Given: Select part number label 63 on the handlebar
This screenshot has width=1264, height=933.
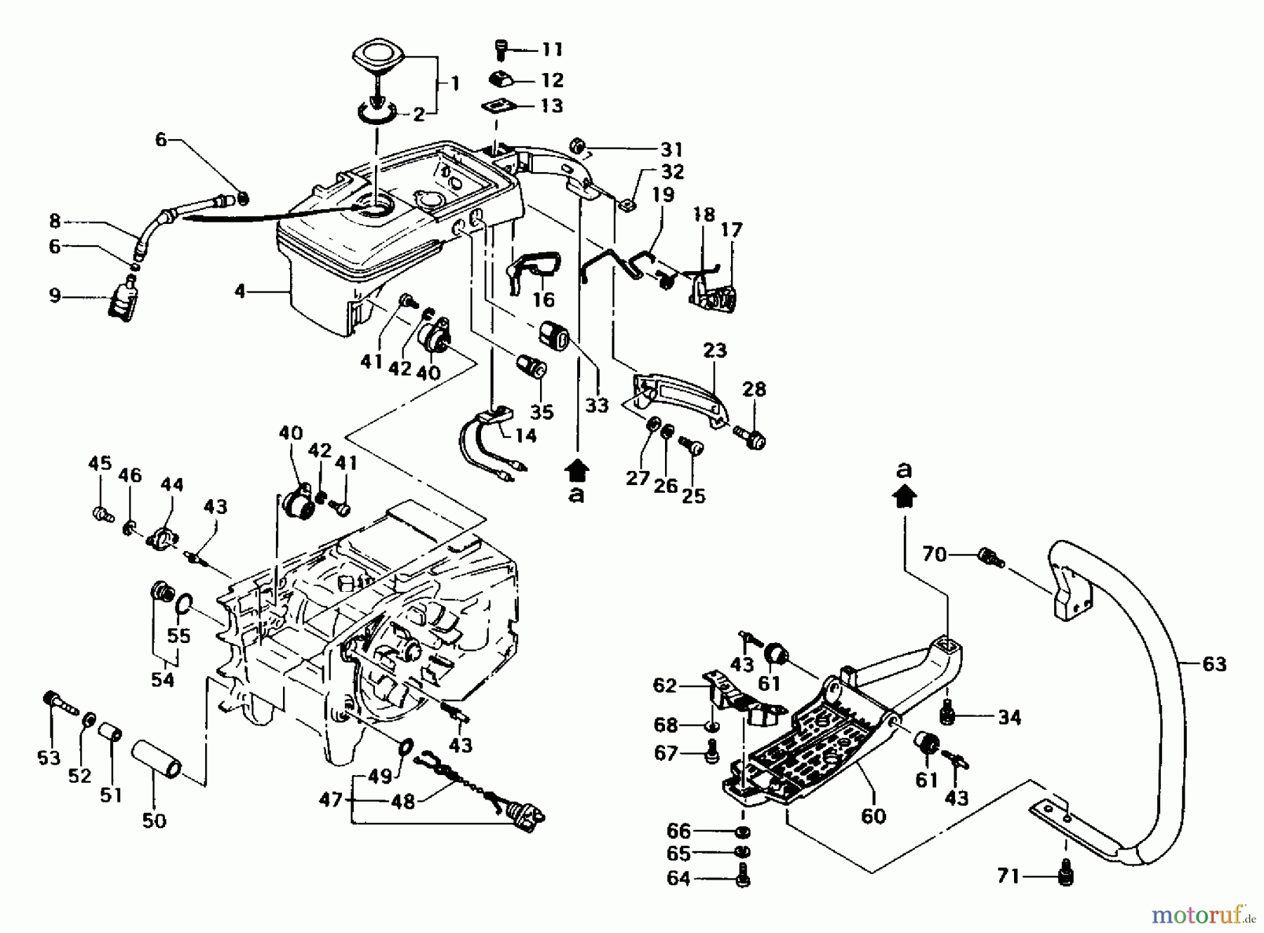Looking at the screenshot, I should click(x=1214, y=663).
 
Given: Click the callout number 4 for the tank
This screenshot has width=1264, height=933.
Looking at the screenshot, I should click(x=241, y=290).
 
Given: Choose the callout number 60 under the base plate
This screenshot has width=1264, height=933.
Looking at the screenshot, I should click(x=873, y=816).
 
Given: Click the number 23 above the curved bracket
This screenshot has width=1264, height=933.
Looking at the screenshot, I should click(x=715, y=350).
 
